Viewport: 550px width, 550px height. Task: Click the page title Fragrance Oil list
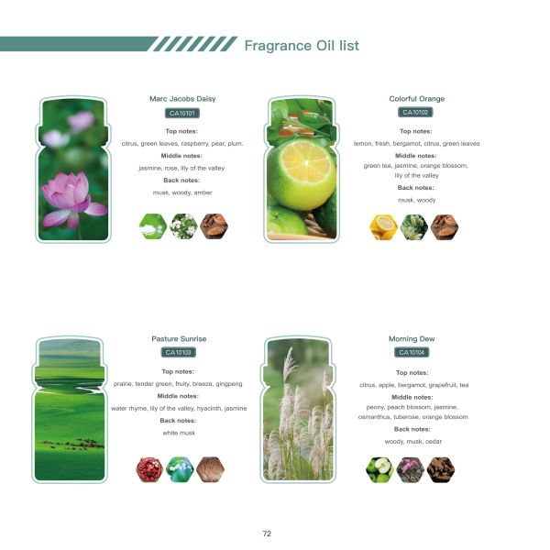click(302, 45)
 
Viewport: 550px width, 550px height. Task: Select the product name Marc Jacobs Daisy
click(182, 99)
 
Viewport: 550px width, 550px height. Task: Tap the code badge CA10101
click(182, 114)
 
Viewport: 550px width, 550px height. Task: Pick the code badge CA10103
click(179, 352)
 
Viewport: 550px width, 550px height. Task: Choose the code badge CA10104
click(412, 352)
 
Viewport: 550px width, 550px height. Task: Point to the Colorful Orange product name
click(416, 99)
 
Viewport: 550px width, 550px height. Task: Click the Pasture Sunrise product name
click(179, 338)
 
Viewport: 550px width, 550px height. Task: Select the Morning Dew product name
click(412, 338)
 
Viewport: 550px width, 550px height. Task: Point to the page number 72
click(267, 533)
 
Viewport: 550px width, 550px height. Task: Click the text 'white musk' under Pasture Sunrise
click(179, 432)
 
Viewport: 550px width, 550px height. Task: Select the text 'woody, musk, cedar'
click(412, 441)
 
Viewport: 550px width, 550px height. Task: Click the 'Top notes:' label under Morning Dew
click(412, 372)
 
